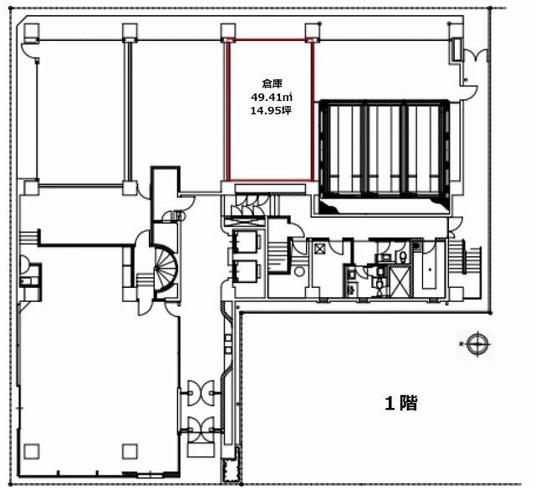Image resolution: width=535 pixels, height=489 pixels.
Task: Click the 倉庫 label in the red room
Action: click(x=272, y=83)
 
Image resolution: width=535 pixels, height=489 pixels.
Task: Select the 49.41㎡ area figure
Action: click(x=272, y=98)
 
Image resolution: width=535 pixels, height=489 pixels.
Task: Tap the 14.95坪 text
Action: click(x=271, y=111)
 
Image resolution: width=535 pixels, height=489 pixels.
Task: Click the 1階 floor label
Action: click(x=401, y=403)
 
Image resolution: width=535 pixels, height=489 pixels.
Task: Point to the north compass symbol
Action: click(x=476, y=345)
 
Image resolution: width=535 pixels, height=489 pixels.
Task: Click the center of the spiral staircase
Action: click(x=166, y=268)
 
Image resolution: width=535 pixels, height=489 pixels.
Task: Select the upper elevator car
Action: click(x=245, y=241)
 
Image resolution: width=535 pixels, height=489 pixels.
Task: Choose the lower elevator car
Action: click(x=245, y=271)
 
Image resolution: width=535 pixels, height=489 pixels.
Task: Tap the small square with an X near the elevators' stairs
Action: click(x=319, y=249)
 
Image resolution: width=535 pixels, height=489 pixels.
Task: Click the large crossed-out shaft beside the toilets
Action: click(x=400, y=281)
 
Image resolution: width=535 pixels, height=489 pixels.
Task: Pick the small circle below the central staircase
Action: click(x=299, y=271)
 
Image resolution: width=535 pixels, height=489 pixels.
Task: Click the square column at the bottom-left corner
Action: click(x=32, y=451)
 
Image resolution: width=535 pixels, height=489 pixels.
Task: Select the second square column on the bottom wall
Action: click(x=130, y=451)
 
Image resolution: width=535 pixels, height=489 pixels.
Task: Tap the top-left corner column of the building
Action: click(x=32, y=32)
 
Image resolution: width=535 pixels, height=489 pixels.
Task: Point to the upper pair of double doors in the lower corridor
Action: click(x=201, y=393)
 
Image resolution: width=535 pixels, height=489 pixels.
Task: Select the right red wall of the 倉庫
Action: click(x=312, y=109)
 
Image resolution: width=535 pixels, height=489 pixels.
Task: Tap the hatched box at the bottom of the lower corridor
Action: click(x=231, y=471)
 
